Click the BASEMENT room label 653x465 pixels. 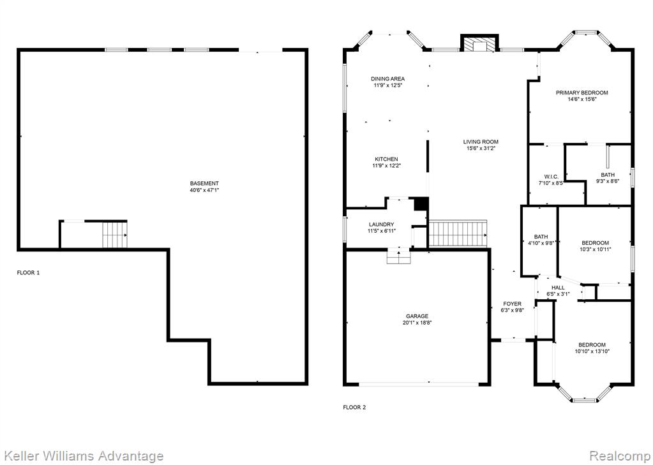(204, 183)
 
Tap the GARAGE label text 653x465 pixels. (417, 316)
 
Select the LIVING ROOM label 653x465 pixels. (481, 142)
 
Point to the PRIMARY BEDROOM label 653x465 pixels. (582, 92)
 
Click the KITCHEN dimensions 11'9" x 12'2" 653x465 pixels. (386, 166)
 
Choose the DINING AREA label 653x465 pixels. (387, 78)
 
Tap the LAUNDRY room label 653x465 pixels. (381, 225)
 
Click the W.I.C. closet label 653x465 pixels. (551, 177)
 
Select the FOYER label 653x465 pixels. (512, 304)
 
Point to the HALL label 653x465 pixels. (558, 287)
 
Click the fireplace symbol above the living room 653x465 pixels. (479, 43)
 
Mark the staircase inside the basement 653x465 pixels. (114, 235)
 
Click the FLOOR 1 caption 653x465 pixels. (28, 272)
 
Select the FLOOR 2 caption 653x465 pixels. (354, 407)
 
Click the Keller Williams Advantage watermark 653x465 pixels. (82, 456)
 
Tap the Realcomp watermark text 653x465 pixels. (619, 455)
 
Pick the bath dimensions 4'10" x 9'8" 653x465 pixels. (541, 244)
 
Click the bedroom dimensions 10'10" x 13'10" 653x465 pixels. (592, 351)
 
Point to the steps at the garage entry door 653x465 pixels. (399, 256)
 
